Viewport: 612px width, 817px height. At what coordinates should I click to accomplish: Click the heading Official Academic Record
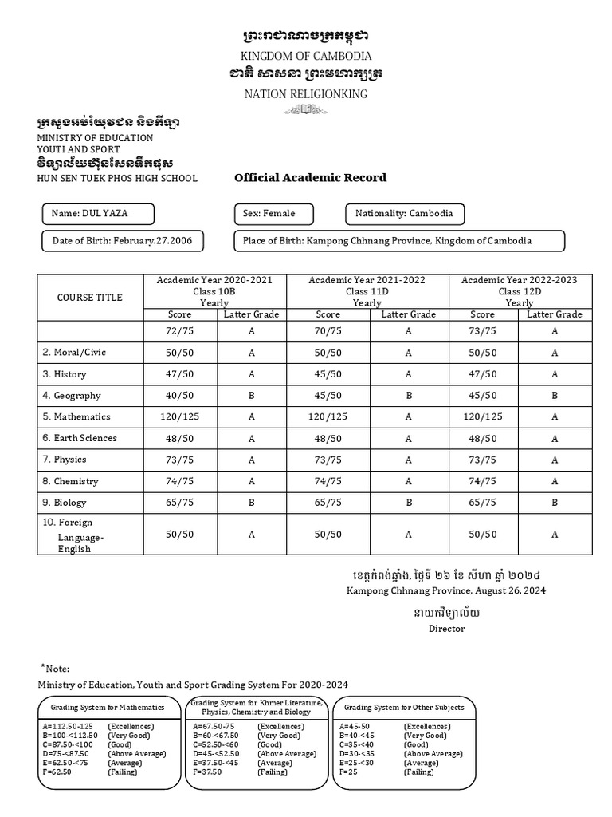pos(310,178)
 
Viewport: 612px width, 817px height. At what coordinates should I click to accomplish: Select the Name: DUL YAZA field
pos(97,214)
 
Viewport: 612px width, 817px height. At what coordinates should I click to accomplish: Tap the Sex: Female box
pos(273,214)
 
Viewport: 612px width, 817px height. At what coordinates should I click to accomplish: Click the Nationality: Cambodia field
pos(404,214)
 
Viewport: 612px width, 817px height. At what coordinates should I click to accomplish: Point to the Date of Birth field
pos(122,241)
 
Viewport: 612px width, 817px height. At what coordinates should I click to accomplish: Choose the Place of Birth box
pos(398,241)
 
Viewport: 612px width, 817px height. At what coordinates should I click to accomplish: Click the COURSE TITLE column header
pos(90,298)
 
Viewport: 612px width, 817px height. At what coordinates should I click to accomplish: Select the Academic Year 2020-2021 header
pos(214,281)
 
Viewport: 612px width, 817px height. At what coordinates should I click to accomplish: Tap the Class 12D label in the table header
pos(519,292)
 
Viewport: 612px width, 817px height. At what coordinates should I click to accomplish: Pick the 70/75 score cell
pos(328,331)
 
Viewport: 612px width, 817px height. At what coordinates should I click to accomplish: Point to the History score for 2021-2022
pos(328,374)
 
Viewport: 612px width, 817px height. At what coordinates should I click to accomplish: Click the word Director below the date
pos(446,629)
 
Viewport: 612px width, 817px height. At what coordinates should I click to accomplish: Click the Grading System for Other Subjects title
pos(403,708)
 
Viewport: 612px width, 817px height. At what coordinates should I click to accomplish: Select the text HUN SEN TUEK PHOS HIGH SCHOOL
pos(117,179)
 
